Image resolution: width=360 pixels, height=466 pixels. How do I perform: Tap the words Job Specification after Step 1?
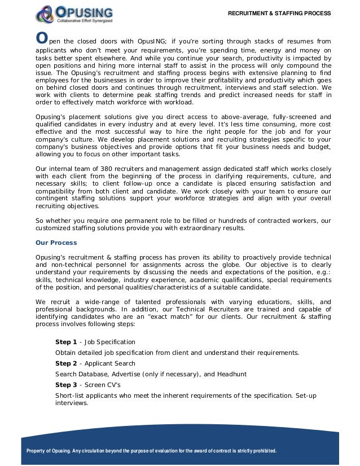click(109, 342)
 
